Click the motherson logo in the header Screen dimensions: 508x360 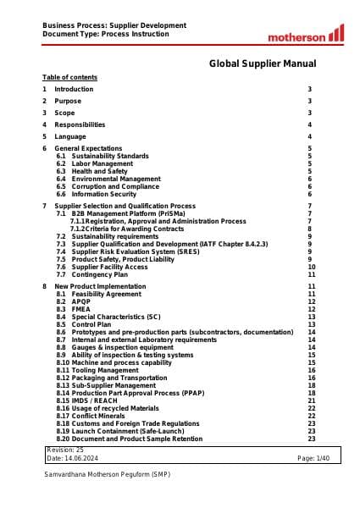(306, 35)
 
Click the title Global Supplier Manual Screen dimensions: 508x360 (263, 63)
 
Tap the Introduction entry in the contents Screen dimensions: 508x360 (74, 89)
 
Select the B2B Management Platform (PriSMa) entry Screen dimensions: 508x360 (126, 213)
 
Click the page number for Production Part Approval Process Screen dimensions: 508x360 (312, 393)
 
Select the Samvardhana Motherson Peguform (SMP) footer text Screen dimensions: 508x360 (107, 475)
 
